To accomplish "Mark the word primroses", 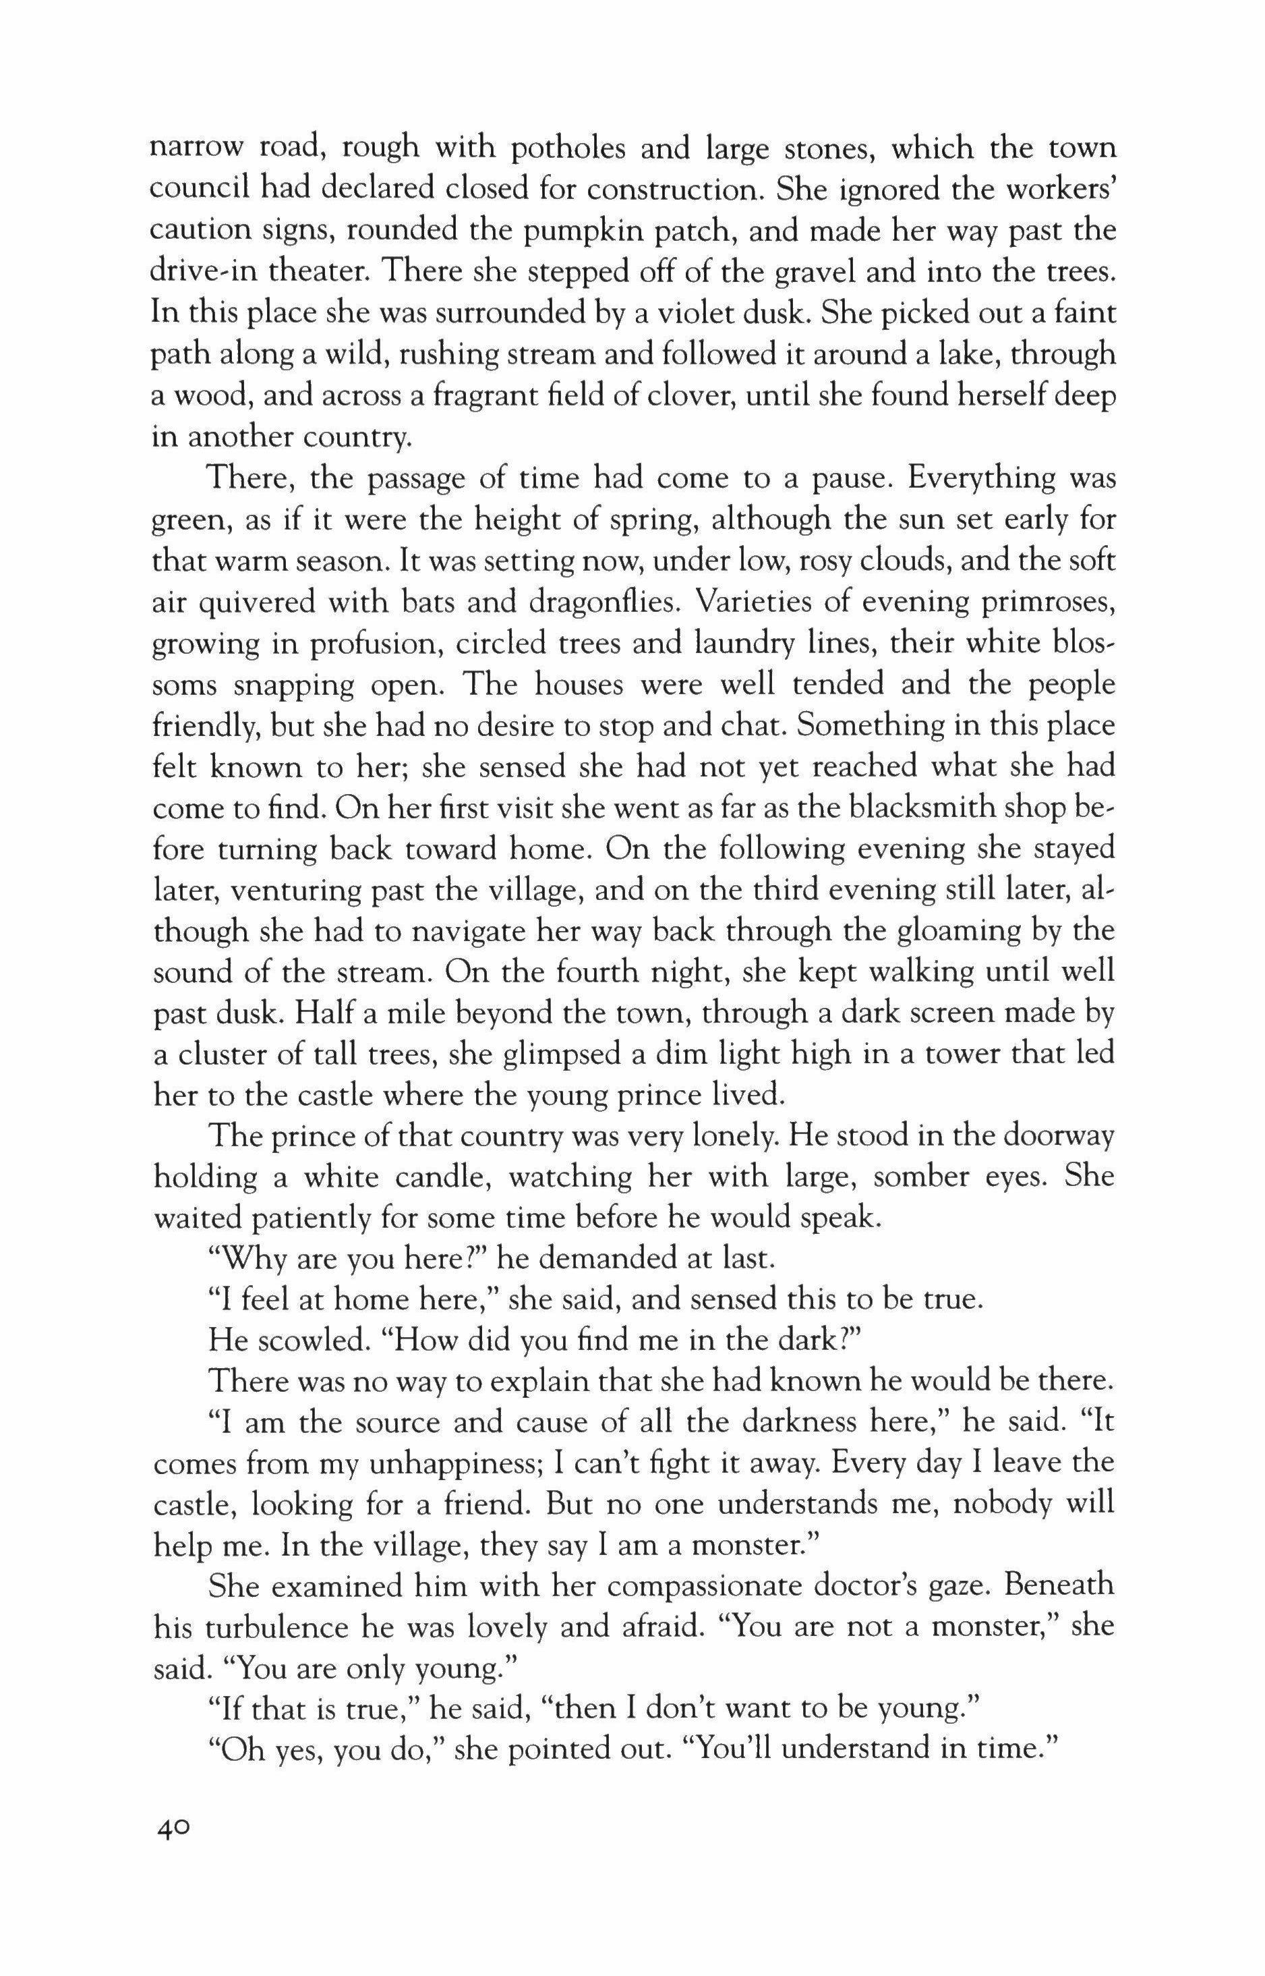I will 1047,602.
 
